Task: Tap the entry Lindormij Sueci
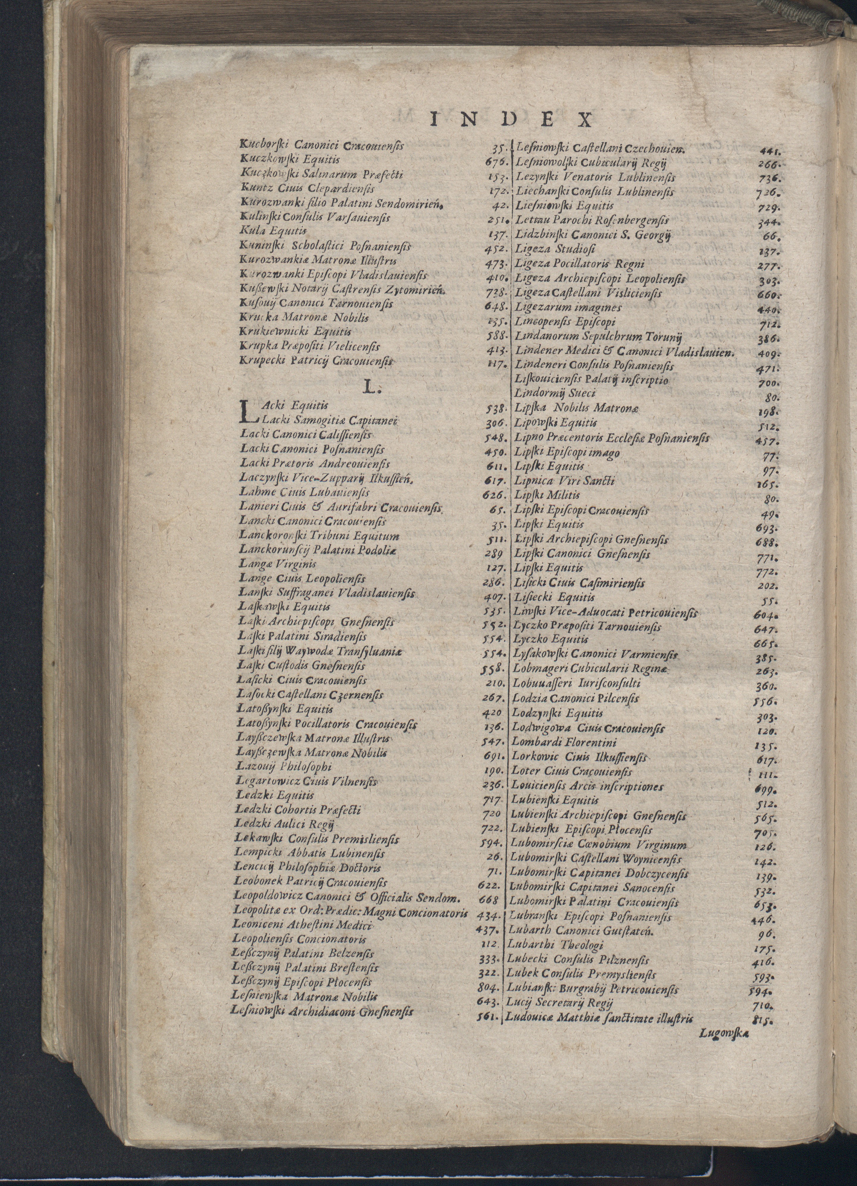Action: [554, 393]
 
